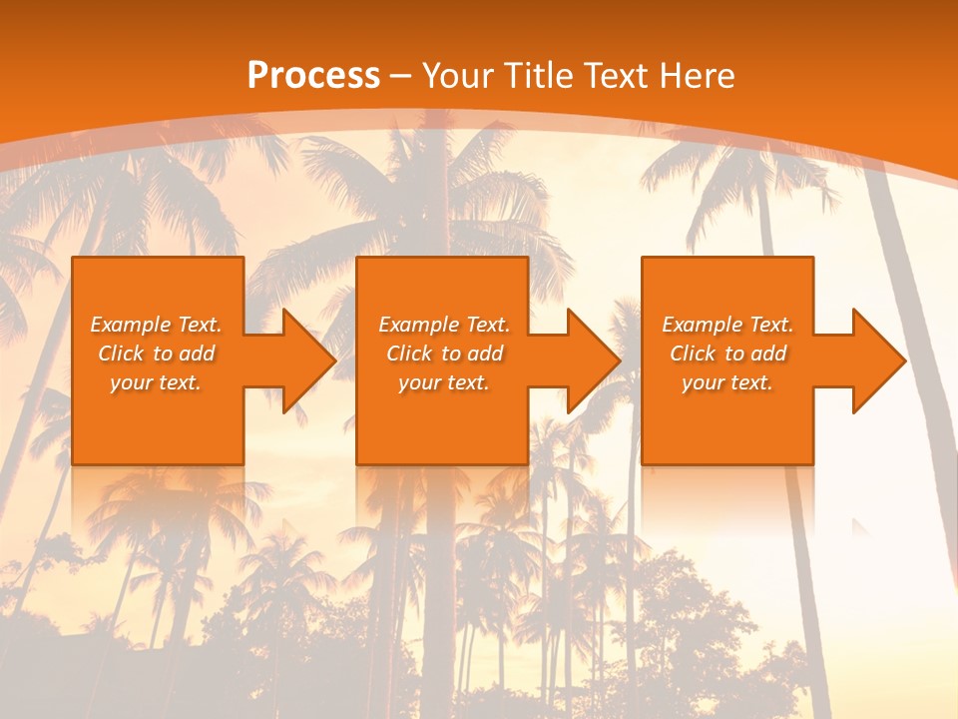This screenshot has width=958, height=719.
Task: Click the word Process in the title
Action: [x=313, y=76]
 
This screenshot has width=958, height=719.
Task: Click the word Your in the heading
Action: [x=457, y=76]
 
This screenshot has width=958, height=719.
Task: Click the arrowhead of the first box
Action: [x=304, y=360]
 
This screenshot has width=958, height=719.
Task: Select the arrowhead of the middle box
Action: [x=589, y=360]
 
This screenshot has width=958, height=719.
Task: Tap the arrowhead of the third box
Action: [x=874, y=360]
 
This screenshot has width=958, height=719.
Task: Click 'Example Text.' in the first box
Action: [x=156, y=325]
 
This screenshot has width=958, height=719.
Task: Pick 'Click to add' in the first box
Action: [x=156, y=354]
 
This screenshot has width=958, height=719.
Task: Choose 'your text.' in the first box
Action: [x=156, y=382]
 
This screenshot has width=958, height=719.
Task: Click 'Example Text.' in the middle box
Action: [x=444, y=325]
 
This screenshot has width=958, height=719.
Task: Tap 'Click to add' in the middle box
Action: [x=444, y=354]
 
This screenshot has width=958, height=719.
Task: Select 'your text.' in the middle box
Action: [x=444, y=382]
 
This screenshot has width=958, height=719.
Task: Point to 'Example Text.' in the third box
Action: [x=727, y=325]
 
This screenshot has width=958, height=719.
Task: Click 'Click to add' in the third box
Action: [x=727, y=354]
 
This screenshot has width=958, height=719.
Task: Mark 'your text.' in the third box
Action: [x=727, y=382]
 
